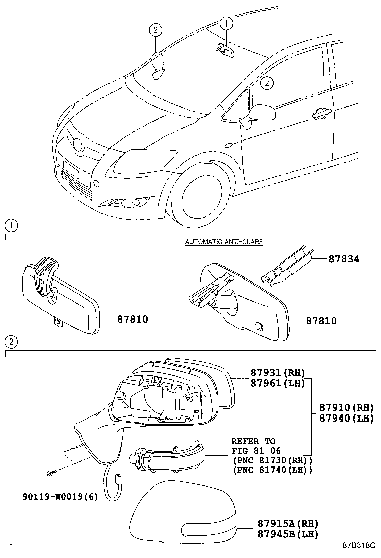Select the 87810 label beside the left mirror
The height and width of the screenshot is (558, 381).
tap(133, 319)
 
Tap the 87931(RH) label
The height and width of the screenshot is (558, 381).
tap(278, 373)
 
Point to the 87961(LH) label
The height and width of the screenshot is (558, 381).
tap(278, 383)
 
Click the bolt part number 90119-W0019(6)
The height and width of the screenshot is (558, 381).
tap(60, 497)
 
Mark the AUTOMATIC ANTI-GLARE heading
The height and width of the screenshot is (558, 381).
tap(224, 241)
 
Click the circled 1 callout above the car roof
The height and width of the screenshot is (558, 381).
tap(226, 23)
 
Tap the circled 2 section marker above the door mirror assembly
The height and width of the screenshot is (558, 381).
tap(11, 342)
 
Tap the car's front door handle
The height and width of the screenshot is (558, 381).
tap(321, 114)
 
